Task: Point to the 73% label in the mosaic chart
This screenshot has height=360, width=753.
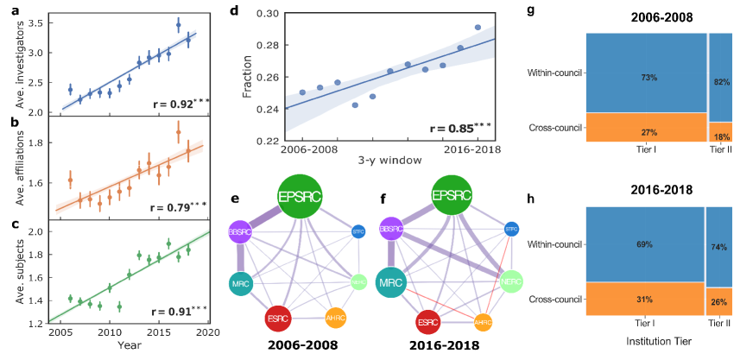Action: (x=646, y=78)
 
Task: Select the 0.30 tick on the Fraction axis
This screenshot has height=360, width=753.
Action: (x=269, y=14)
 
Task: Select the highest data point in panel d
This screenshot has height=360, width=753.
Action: (x=478, y=28)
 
